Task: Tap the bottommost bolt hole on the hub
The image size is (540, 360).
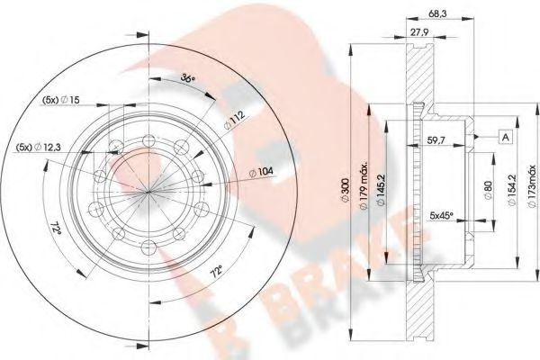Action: tap(147, 244)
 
